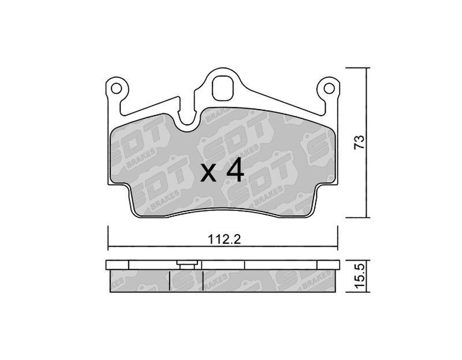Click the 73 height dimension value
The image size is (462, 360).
tap(359, 142)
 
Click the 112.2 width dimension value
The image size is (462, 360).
tap(224, 239)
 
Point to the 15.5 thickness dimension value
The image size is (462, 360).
tap(360, 276)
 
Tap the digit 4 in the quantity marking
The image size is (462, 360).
tap(235, 170)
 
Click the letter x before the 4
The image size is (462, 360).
tap(208, 174)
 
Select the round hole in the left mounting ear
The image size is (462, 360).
tap(116, 88)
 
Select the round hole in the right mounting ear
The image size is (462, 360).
tap(329, 88)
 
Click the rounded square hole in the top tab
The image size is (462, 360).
tap(223, 88)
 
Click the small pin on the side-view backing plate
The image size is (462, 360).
tap(187, 265)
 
